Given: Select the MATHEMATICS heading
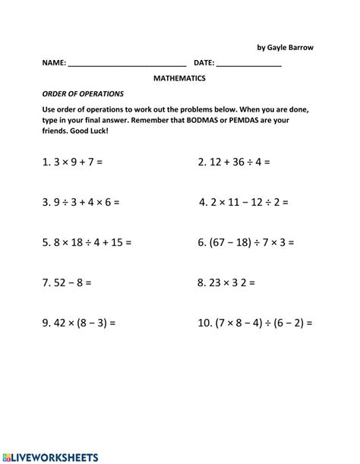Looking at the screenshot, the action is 179,78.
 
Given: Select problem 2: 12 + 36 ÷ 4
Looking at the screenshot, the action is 234,162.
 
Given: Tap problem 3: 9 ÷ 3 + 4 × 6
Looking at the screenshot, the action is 81,203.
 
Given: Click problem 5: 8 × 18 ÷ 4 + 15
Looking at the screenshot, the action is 87,243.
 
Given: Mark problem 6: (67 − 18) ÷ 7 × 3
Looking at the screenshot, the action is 245,243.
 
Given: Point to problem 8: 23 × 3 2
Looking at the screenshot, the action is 226,283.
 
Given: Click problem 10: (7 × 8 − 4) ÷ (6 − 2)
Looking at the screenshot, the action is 255,324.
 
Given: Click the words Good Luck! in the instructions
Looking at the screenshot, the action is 90,131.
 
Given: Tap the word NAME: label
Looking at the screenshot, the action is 53,65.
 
